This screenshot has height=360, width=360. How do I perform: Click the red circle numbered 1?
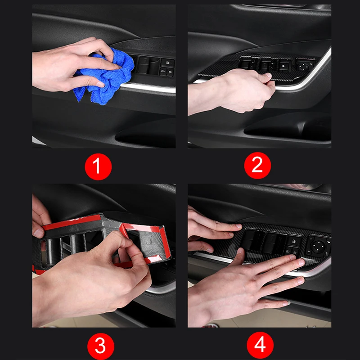click(x=98, y=166)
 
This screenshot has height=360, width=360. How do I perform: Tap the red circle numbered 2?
click(x=257, y=165)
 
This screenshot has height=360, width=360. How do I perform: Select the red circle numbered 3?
click(x=100, y=346)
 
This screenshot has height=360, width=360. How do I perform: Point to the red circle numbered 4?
click(x=260, y=345)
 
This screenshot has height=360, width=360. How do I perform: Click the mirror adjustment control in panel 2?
click(x=304, y=65)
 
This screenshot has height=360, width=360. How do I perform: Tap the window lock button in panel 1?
click(x=167, y=63)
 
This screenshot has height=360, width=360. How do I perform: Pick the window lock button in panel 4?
click(x=294, y=242)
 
